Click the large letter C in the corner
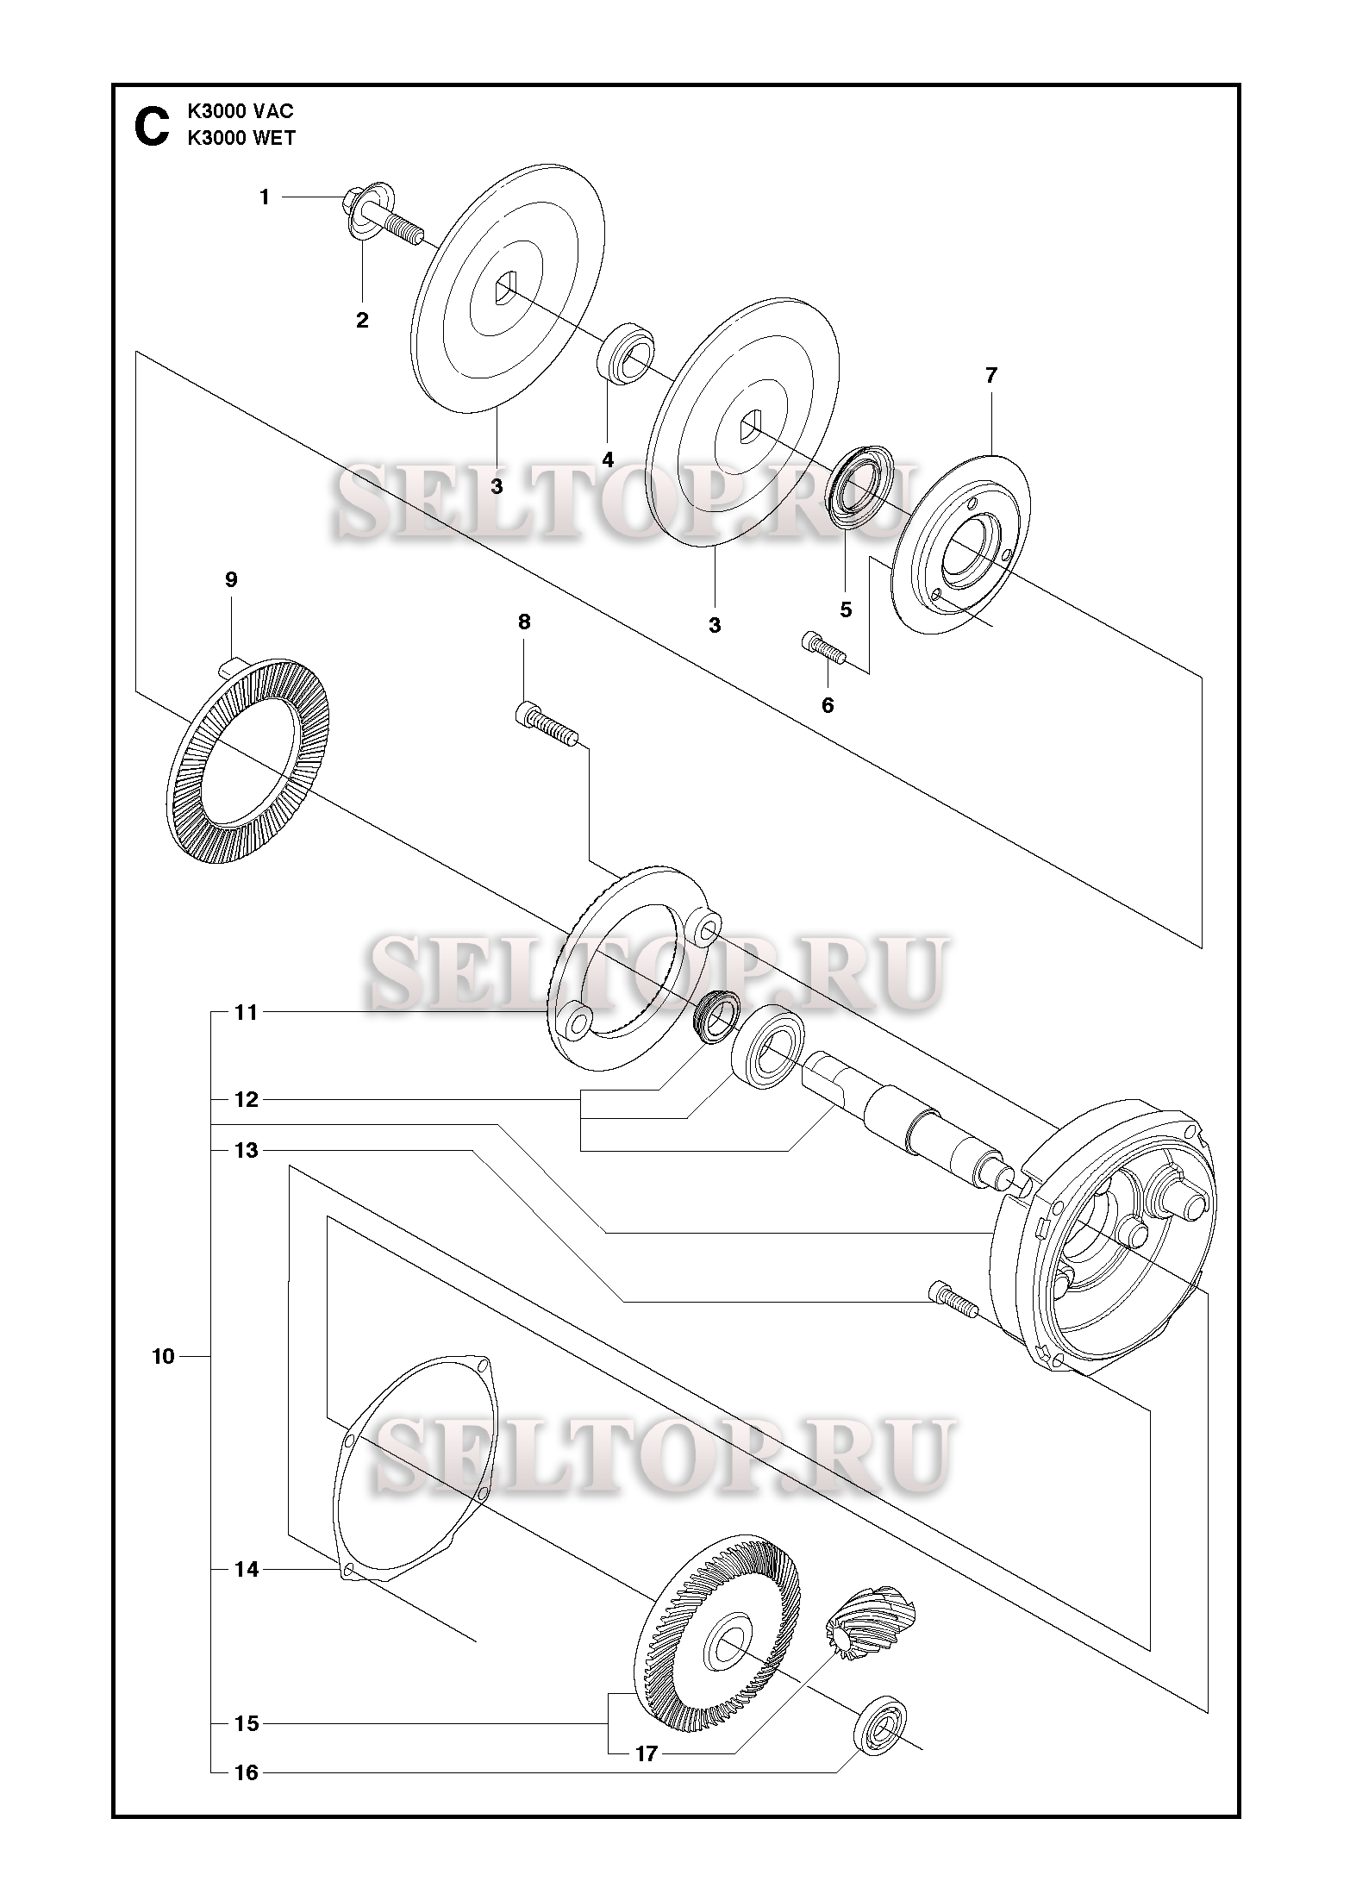click(x=151, y=126)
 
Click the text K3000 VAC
click(x=241, y=112)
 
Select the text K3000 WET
click(x=241, y=139)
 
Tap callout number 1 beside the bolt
click(x=265, y=197)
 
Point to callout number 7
click(x=990, y=375)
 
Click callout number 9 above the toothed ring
click(x=231, y=579)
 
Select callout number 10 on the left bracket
click(x=163, y=1357)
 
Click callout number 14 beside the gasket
click(x=247, y=1570)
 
